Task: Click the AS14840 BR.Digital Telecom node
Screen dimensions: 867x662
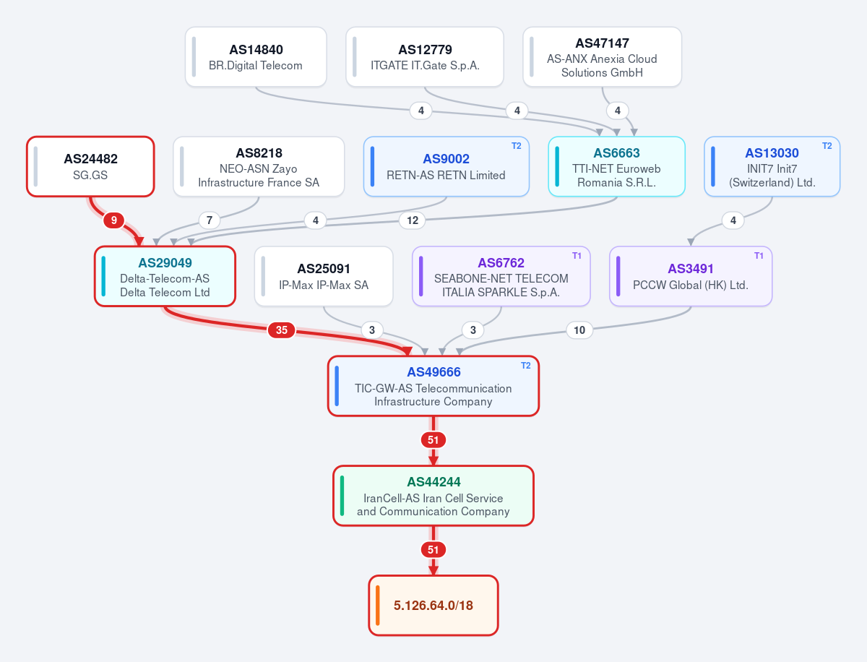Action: pyautogui.click(x=256, y=57)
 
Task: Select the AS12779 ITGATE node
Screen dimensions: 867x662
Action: pyautogui.click(x=425, y=57)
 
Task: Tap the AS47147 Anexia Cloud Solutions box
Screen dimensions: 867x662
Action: pyautogui.click(x=603, y=57)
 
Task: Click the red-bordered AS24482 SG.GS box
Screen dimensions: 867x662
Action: pyautogui.click(x=90, y=166)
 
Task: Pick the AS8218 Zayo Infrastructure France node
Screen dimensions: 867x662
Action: pyautogui.click(x=259, y=166)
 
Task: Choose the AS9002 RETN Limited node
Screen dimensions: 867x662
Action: pyautogui.click(x=447, y=166)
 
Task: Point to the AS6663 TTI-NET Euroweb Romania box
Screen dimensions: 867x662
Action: pyautogui.click(x=616, y=166)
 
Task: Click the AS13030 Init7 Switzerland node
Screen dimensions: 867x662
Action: pyautogui.click(x=772, y=166)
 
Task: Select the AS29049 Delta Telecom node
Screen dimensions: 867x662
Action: pyautogui.click(x=165, y=276)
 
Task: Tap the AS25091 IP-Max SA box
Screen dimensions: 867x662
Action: pyautogui.click(x=324, y=276)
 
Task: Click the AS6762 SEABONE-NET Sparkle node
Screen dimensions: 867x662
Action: pyautogui.click(x=501, y=276)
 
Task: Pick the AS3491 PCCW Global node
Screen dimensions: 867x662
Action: pyautogui.click(x=691, y=276)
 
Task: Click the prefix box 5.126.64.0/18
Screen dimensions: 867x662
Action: pyautogui.click(x=433, y=605)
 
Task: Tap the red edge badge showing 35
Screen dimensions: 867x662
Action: pyautogui.click(x=282, y=330)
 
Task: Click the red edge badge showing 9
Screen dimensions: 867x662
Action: pyautogui.click(x=113, y=220)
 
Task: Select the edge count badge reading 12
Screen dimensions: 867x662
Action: pyautogui.click(x=413, y=220)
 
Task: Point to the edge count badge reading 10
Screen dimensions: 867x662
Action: pyautogui.click(x=579, y=330)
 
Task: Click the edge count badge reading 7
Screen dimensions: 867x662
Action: pyautogui.click(x=210, y=220)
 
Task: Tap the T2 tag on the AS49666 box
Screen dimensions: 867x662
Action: pyautogui.click(x=526, y=366)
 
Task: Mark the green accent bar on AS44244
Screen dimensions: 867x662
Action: pyautogui.click(x=342, y=496)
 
